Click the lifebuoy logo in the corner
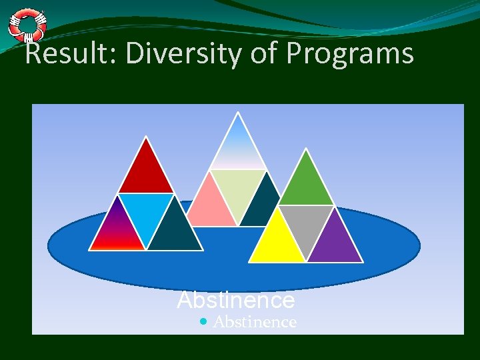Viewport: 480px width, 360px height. [x=27, y=25]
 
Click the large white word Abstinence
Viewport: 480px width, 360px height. [x=236, y=301]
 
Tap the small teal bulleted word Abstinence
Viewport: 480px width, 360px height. [x=255, y=322]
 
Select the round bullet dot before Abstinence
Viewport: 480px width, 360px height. [x=203, y=322]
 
